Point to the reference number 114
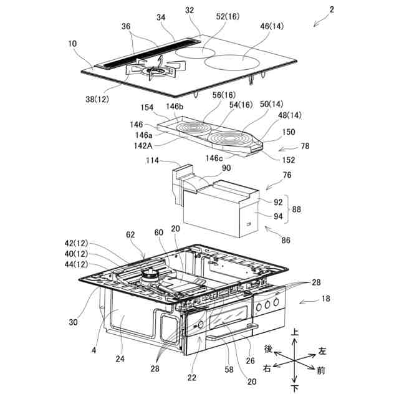[153, 161]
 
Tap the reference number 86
[271, 239]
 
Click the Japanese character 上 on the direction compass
[295, 334]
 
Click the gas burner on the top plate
[154, 74]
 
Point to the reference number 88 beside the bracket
[297, 210]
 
